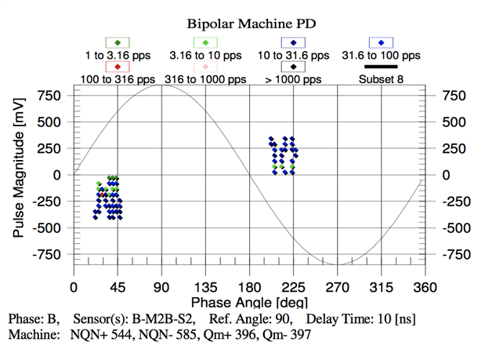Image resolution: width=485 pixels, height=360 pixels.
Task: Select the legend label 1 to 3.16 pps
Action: (118, 56)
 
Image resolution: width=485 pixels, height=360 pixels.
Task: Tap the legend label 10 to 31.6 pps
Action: (292, 56)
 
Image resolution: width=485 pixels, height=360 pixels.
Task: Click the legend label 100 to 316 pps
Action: (118, 79)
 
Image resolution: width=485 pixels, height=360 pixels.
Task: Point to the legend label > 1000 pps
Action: (292, 79)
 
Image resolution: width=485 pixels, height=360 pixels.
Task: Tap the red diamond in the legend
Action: (118, 67)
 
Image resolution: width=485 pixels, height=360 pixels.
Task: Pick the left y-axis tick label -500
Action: (46, 228)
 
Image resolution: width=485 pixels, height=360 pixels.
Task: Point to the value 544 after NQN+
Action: (126, 335)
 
